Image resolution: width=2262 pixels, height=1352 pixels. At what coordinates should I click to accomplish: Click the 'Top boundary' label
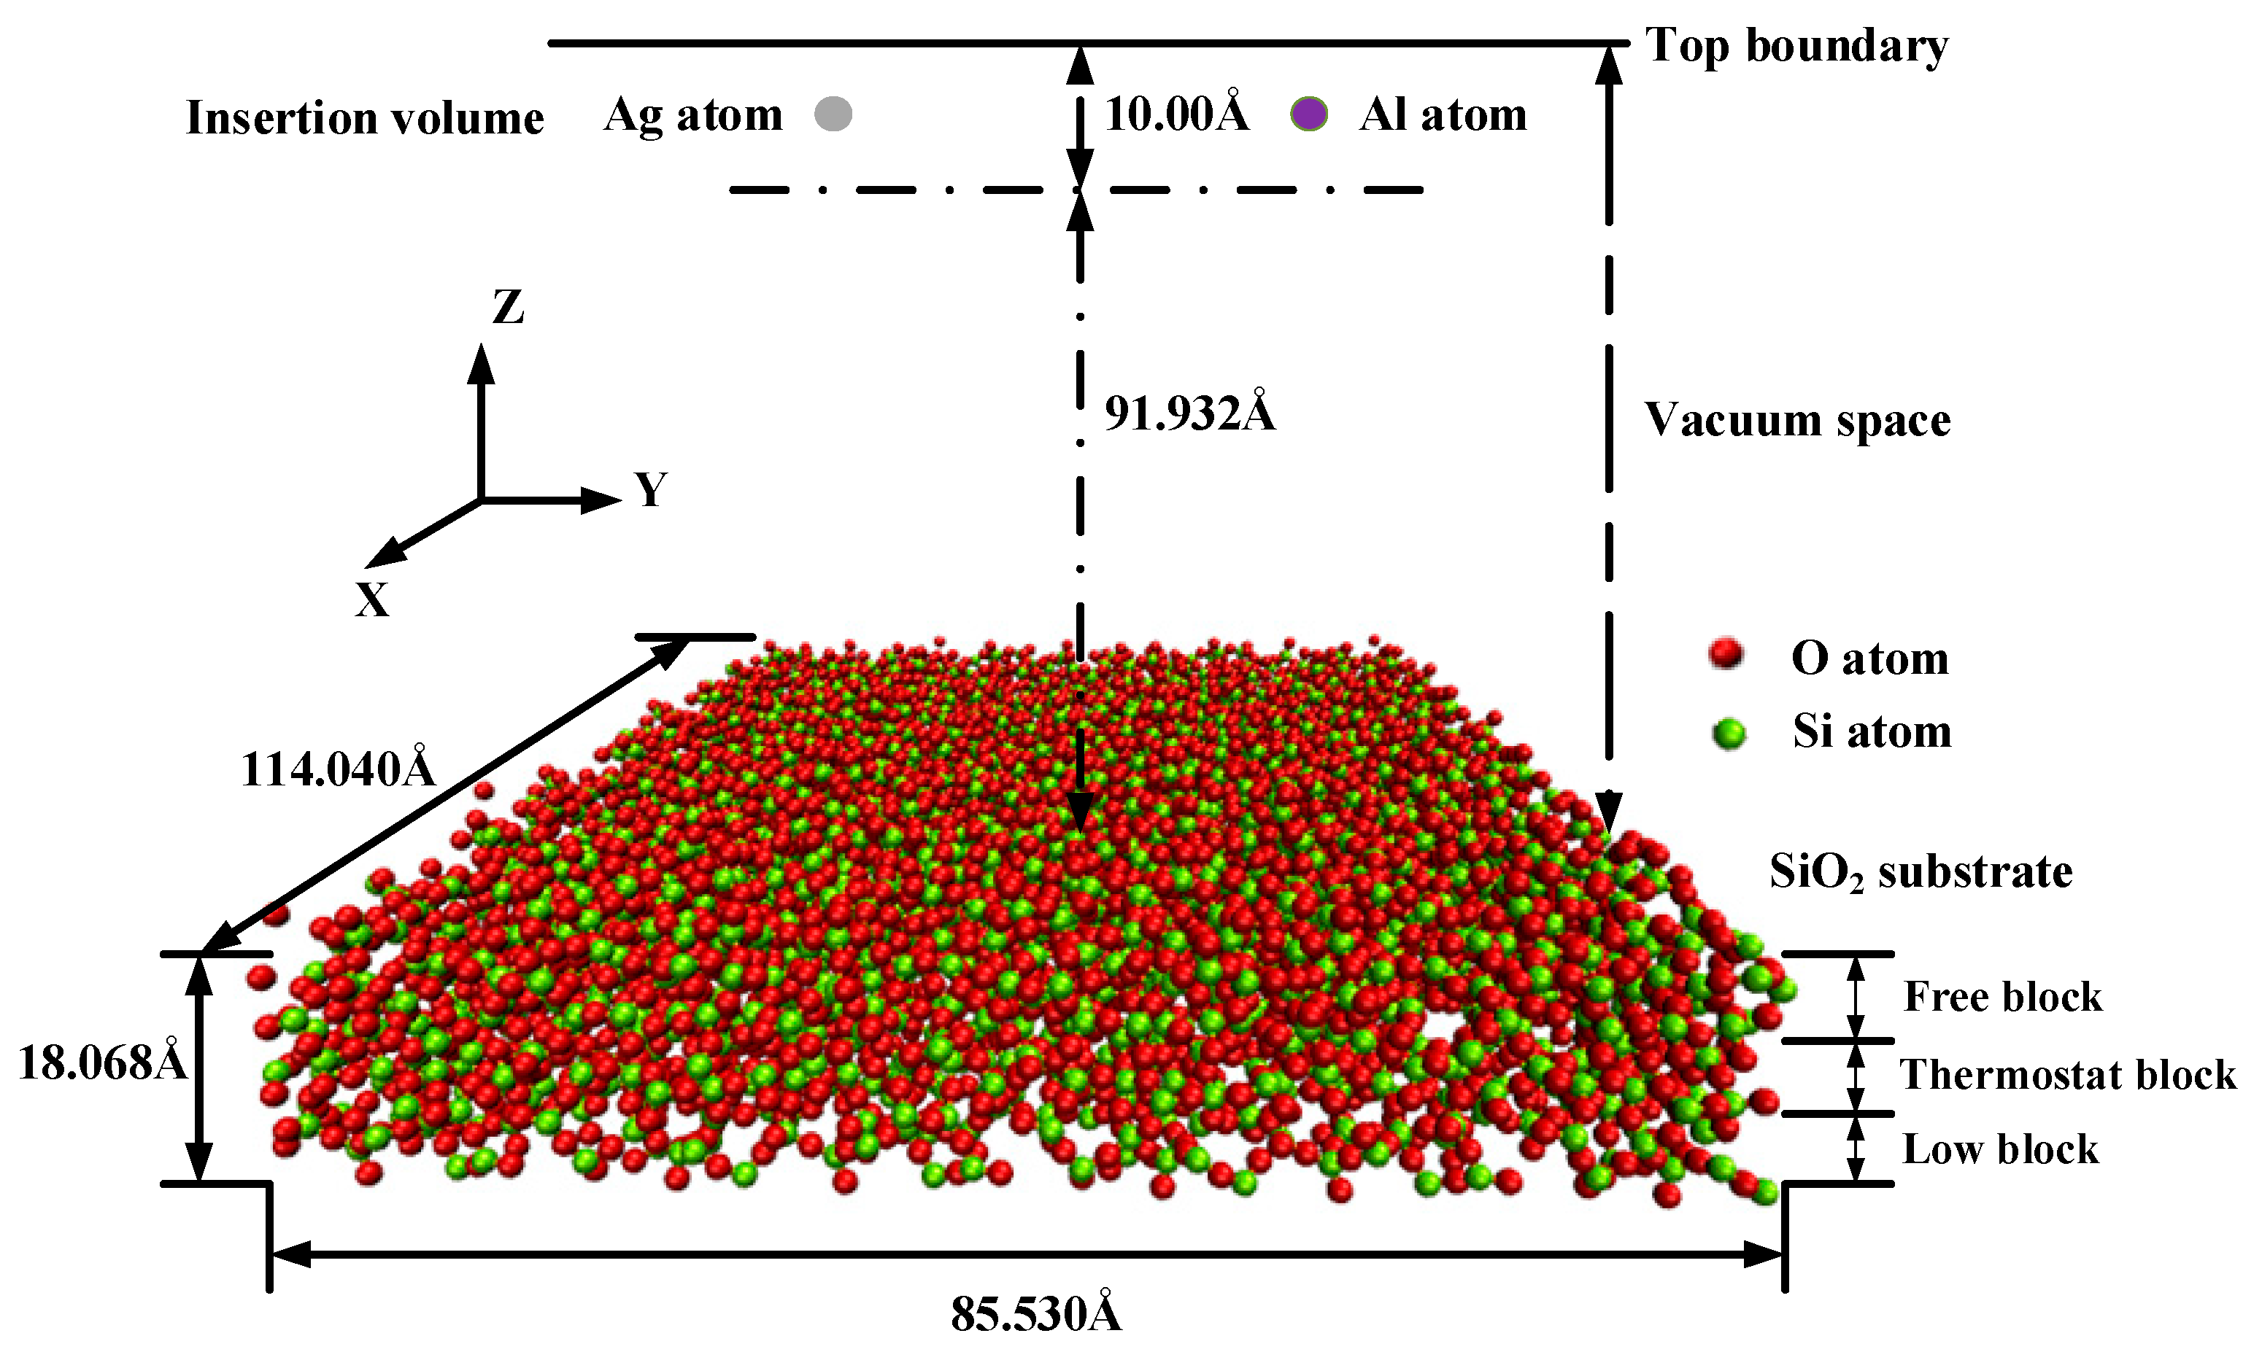1796,45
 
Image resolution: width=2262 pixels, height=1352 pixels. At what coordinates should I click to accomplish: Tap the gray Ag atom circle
833,114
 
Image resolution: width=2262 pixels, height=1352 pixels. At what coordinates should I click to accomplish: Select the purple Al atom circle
1310,114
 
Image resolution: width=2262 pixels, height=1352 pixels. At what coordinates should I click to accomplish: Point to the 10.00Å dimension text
1176,114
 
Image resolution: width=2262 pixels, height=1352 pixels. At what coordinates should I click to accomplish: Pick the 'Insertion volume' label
365,118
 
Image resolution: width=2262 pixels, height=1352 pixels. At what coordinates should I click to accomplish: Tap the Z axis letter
509,308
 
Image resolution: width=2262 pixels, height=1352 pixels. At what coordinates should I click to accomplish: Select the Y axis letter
651,490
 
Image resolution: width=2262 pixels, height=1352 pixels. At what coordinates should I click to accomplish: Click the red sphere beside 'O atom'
1725,654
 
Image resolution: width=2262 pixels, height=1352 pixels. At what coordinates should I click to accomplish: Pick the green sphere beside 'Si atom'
1728,732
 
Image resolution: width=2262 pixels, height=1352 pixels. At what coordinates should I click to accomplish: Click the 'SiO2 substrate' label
1921,872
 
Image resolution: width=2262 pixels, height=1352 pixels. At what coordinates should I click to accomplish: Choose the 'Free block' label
2002,997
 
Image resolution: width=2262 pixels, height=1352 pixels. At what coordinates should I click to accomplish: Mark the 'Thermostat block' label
2067,1075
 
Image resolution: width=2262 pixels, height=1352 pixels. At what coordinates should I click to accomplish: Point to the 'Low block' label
2001,1150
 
